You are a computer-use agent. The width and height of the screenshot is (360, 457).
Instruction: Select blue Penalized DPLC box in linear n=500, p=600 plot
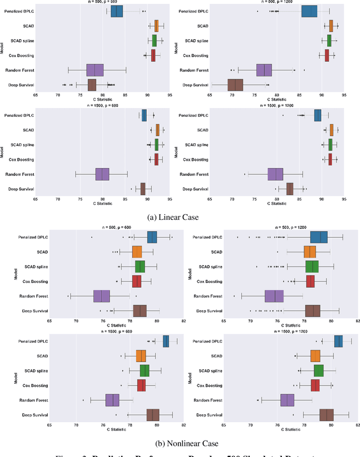pos(116,11)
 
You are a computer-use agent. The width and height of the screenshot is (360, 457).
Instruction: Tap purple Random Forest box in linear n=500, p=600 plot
pos(95,70)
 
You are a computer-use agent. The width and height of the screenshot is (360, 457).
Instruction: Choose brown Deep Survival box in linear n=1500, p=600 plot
pos(143,189)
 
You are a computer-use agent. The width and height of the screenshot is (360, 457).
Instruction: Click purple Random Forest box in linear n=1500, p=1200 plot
pos(276,174)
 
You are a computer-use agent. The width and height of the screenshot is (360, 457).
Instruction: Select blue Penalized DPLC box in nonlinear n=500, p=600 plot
pos(152,237)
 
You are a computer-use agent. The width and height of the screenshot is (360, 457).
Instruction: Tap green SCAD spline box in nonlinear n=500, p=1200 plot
pos(312,266)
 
